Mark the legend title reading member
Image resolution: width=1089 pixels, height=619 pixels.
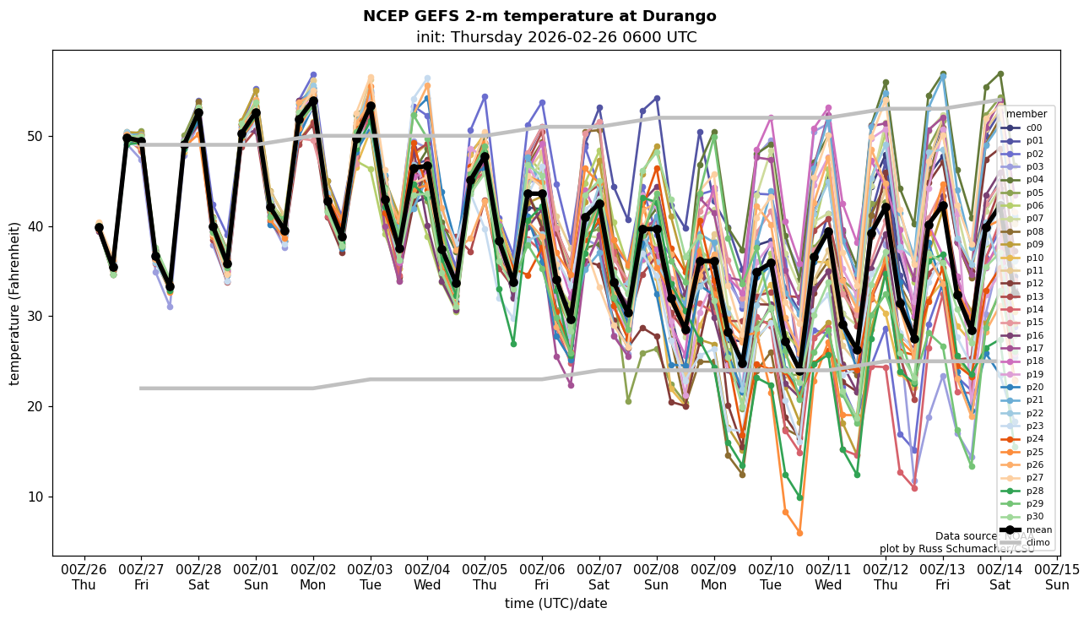[1027, 114]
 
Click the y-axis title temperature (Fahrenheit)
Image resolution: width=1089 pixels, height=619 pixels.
[15, 303]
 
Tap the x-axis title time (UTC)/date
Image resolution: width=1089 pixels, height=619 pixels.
[555, 603]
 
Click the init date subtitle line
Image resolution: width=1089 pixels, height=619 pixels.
[555, 37]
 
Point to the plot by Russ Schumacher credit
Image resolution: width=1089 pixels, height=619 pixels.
[956, 549]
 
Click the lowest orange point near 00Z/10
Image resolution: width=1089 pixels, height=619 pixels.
[799, 533]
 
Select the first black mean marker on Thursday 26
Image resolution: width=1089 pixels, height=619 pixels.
[99, 227]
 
